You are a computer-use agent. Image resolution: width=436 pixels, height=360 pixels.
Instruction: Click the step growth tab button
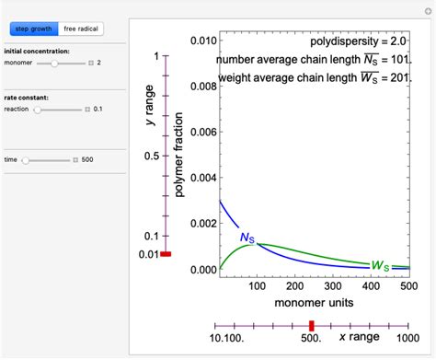33,29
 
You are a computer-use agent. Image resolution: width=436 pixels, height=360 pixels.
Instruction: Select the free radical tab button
81,29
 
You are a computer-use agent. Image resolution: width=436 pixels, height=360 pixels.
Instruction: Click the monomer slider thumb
55,63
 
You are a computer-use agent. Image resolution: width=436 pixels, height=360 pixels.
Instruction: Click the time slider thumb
26,159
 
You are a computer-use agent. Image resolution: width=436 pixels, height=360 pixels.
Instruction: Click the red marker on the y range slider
166,254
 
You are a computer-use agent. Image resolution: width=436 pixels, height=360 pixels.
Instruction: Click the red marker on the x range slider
312,325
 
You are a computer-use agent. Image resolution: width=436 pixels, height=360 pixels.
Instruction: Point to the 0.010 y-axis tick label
201,41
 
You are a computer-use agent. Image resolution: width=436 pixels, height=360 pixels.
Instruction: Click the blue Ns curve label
247,238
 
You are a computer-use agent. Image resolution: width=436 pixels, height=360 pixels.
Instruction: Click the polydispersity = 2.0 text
356,42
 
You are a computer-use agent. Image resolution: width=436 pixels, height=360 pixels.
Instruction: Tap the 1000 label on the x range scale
402,341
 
